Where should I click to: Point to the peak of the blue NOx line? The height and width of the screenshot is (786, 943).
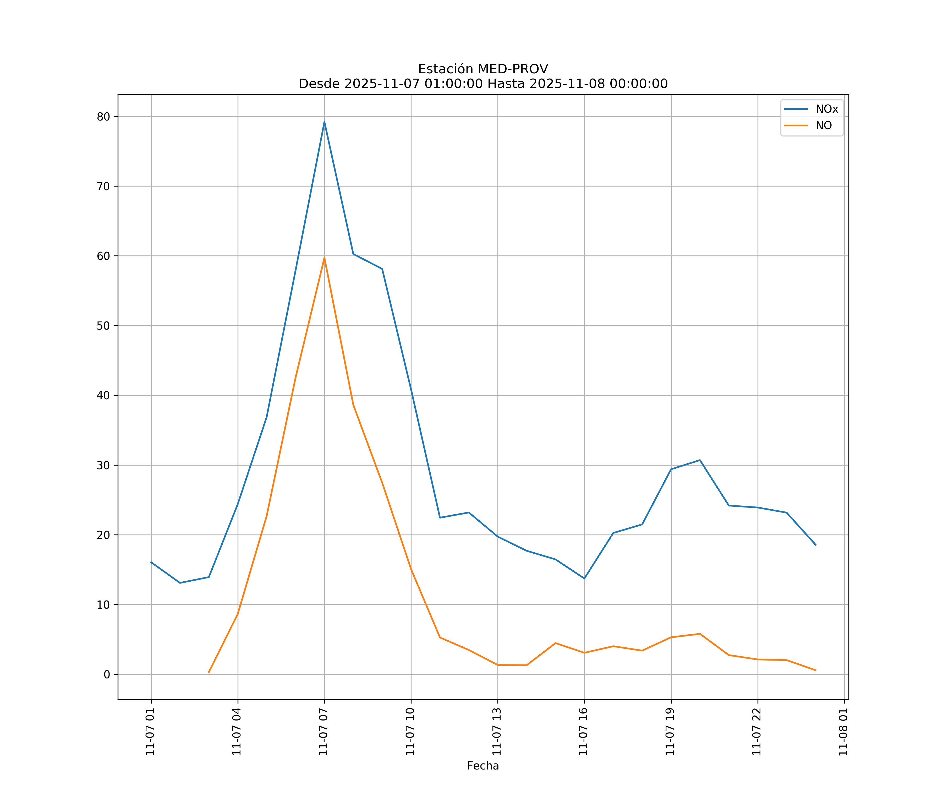[x=324, y=122]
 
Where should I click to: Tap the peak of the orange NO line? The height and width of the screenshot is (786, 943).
[x=324, y=257]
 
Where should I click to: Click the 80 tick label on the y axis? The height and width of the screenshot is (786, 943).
[x=103, y=117]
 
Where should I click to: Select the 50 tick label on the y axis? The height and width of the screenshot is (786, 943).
[x=103, y=326]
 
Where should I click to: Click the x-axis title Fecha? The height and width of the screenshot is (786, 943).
[x=483, y=766]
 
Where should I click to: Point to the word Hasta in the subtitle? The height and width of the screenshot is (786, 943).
[x=506, y=84]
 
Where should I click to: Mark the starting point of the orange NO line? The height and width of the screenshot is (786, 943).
[x=209, y=672]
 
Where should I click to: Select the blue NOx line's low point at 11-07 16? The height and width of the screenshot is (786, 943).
[x=584, y=578]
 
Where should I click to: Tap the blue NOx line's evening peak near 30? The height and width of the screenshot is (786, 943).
[x=700, y=460]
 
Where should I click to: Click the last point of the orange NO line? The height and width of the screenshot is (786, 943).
[x=815, y=670]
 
